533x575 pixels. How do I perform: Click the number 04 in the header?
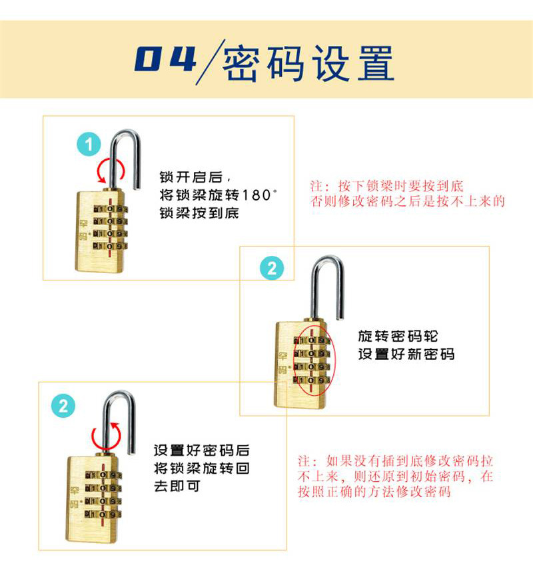166,59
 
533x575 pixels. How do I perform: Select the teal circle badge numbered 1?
89,144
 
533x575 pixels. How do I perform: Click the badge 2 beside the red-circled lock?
272,268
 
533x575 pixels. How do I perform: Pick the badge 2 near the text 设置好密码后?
63,406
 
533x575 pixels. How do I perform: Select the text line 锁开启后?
191,177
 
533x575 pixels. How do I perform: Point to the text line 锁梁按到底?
199,213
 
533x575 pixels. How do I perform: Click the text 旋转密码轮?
398,336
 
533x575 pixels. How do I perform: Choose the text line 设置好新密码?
406,354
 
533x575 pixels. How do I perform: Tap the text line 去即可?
177,486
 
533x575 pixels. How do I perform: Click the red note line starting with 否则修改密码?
408,201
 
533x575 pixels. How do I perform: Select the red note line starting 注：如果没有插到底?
395,460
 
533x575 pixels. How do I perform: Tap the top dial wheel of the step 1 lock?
111,209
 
